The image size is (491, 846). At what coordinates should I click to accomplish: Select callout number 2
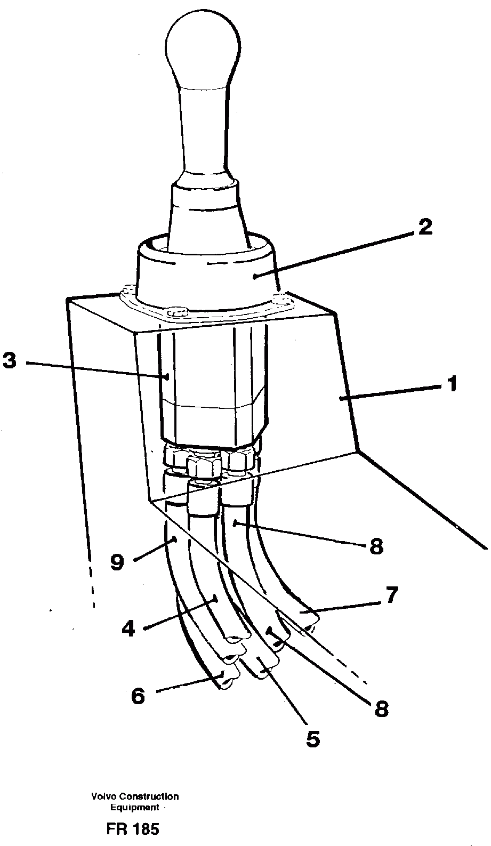pyautogui.click(x=425, y=228)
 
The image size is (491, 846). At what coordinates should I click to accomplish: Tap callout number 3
pyautogui.click(x=10, y=361)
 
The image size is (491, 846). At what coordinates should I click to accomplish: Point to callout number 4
pyautogui.click(x=128, y=629)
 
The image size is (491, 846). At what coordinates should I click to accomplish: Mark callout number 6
pyautogui.click(x=138, y=696)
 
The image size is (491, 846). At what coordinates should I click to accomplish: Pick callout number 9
pyautogui.click(x=118, y=561)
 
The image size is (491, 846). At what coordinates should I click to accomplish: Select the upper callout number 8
pyautogui.click(x=376, y=546)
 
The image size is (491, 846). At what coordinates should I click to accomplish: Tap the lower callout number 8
pyautogui.click(x=381, y=708)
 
